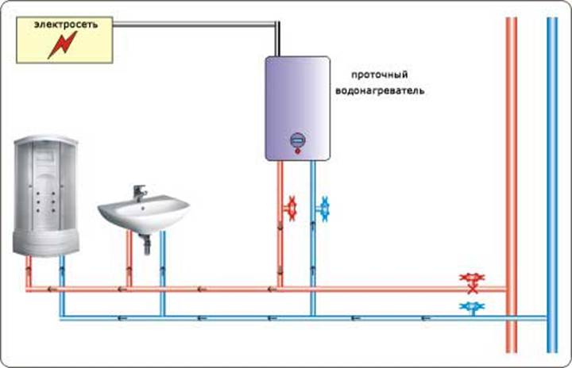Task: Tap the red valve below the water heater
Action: [x=291, y=208]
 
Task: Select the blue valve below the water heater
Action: [x=323, y=209]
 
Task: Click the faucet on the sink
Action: [x=139, y=193]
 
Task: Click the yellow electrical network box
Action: [x=65, y=40]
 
